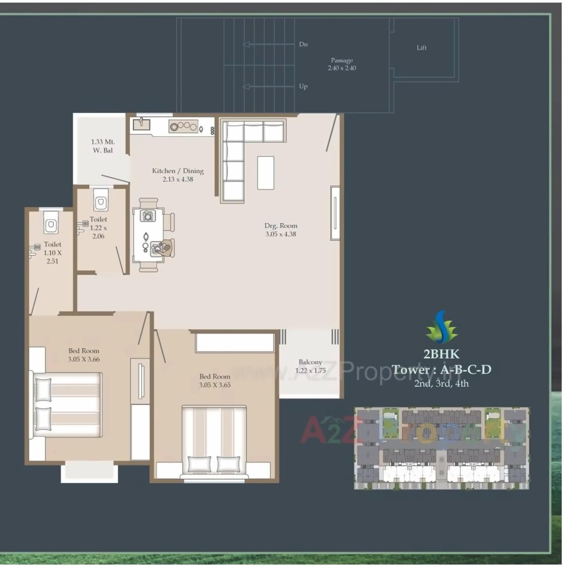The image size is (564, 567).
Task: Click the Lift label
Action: (x=421, y=48)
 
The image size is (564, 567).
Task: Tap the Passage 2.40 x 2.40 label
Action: (x=342, y=64)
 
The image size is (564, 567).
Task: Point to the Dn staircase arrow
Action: (x=269, y=44)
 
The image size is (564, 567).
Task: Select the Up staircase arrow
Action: (x=269, y=86)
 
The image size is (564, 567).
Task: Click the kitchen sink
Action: (x=142, y=123)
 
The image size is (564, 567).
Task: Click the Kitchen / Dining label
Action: (x=178, y=175)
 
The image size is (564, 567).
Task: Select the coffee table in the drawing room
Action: (x=265, y=172)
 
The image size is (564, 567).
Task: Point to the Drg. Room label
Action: (x=281, y=229)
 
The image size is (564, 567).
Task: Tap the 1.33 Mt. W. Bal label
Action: (x=103, y=146)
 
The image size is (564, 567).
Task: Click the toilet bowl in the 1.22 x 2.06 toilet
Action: (x=101, y=201)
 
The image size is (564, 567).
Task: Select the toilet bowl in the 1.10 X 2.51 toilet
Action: (x=51, y=224)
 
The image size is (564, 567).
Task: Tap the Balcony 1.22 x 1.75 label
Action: (x=310, y=366)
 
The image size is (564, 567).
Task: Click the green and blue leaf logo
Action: (x=442, y=327)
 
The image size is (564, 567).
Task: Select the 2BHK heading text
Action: (x=441, y=354)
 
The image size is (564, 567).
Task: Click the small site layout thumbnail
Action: (x=442, y=448)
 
